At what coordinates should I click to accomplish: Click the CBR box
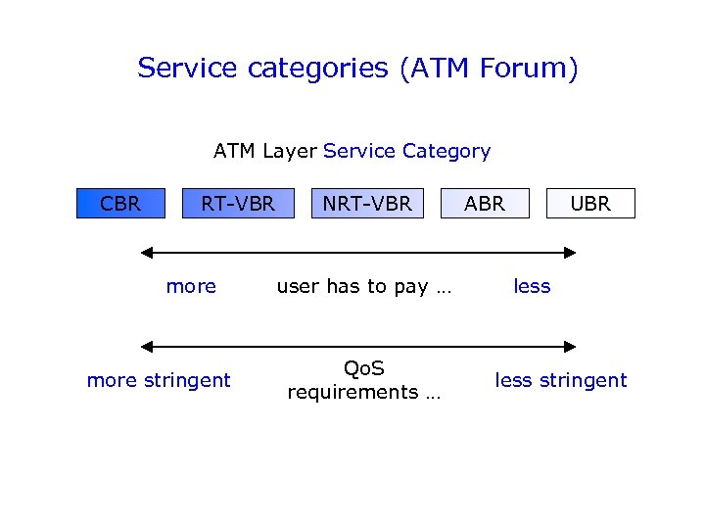coord(121,204)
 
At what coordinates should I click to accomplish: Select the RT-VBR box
coord(238,204)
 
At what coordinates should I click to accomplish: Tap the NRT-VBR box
coord(367,204)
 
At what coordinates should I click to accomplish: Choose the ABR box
coord(485,204)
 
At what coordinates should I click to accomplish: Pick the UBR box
coord(590,204)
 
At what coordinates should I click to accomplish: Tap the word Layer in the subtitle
coord(289,151)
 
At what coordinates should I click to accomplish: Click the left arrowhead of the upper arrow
coord(147,253)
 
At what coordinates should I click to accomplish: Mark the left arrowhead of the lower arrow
coord(147,346)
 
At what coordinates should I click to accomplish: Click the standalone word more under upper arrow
coord(191,287)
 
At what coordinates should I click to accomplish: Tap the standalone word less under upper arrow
coord(532,287)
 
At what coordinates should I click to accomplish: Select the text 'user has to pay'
coord(352,287)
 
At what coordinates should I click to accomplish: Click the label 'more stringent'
coord(159,380)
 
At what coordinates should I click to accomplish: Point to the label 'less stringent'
coord(560,380)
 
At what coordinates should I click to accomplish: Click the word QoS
coord(364,368)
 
